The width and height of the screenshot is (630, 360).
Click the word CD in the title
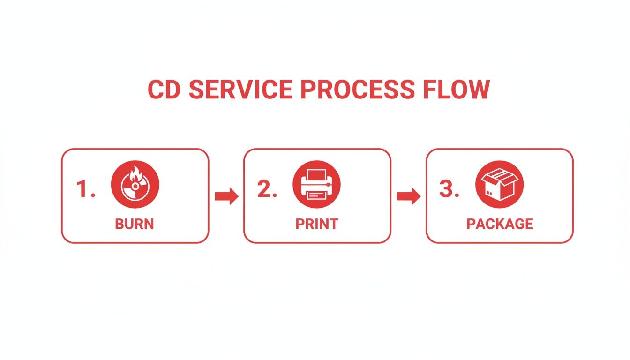click(x=165, y=90)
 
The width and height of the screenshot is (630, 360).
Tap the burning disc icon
click(x=135, y=185)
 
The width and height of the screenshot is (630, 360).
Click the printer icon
click(x=317, y=185)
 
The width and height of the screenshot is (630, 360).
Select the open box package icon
click(x=499, y=185)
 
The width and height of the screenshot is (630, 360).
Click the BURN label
click(x=135, y=224)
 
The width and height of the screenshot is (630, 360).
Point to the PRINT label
click(x=317, y=224)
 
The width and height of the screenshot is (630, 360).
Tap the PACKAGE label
click(x=500, y=224)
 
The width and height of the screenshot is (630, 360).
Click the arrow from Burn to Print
click(x=226, y=196)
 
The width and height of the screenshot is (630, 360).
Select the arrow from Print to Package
click(x=408, y=196)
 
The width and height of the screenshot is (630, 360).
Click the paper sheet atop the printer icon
click(x=317, y=174)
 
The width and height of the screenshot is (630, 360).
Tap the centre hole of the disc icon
click(x=135, y=187)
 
